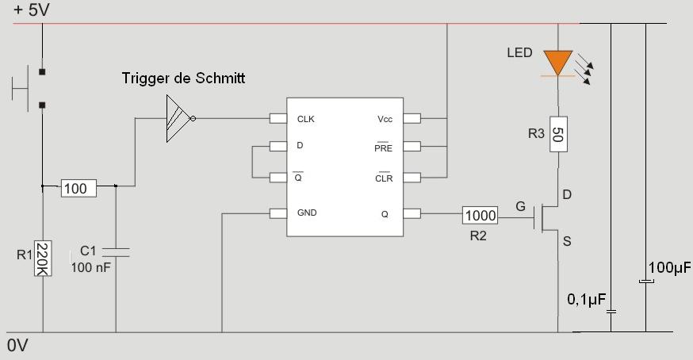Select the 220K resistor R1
click(x=42, y=259)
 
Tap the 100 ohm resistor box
click(x=79, y=188)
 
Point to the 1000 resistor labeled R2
click(x=481, y=215)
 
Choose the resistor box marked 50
click(x=558, y=133)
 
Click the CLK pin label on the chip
click(x=306, y=119)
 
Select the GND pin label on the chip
click(x=307, y=213)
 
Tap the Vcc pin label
click(x=385, y=119)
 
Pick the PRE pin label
click(x=384, y=147)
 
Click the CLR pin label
click(x=384, y=178)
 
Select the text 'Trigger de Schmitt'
click(x=184, y=79)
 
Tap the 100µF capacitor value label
click(x=669, y=268)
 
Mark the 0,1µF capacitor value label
click(x=587, y=299)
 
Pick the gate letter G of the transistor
click(x=520, y=207)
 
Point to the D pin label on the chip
click(x=299, y=147)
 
